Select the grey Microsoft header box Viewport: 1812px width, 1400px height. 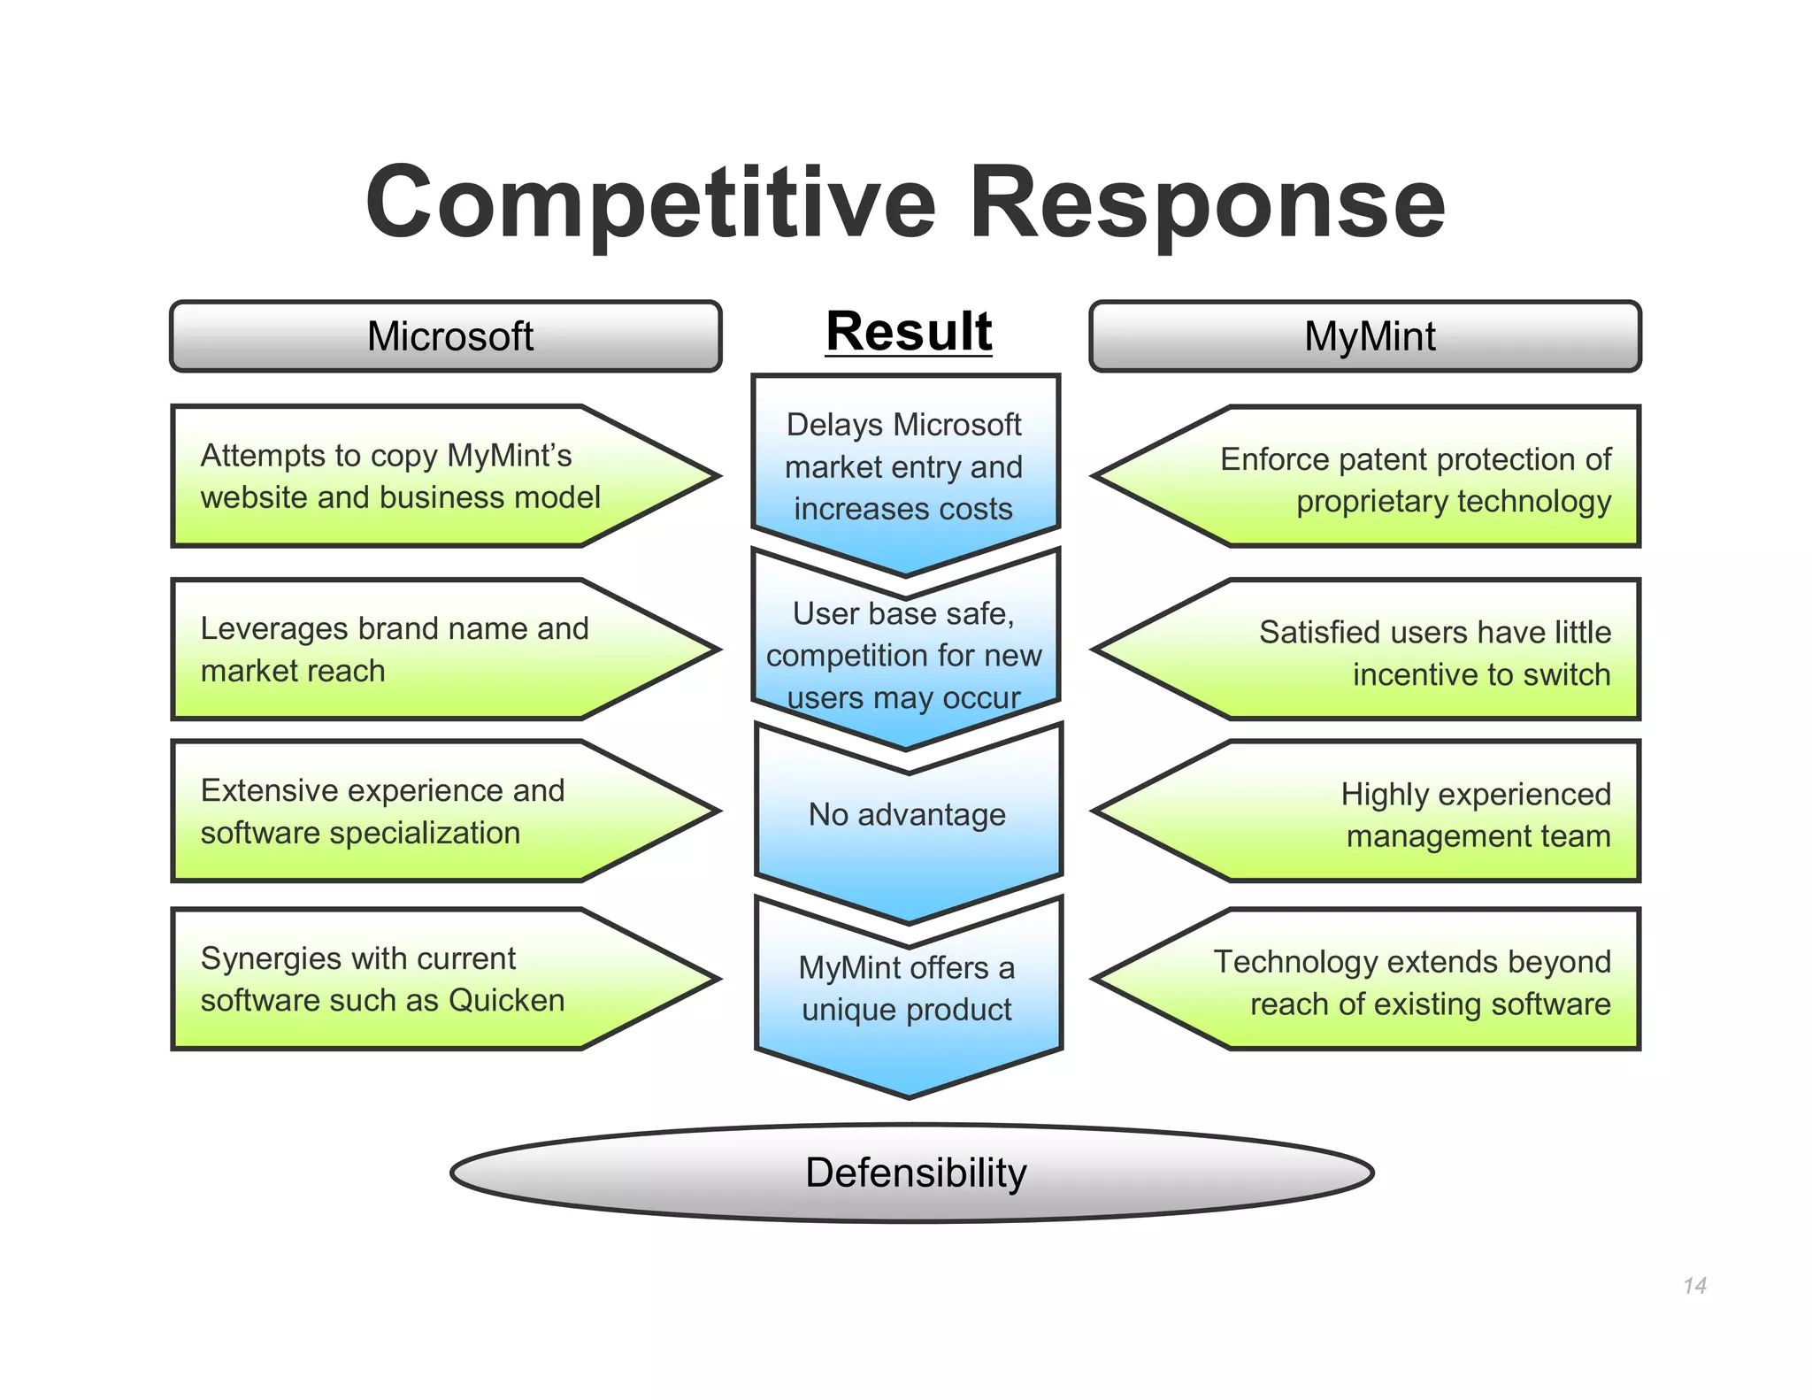click(446, 336)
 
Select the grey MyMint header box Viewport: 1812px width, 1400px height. click(1365, 336)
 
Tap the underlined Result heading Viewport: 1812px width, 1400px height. click(909, 331)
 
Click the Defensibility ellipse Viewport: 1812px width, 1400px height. click(912, 1173)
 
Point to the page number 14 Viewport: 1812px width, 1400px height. click(1694, 1285)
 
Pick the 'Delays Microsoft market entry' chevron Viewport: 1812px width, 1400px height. click(904, 466)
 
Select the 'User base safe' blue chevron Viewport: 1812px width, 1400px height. click(904, 655)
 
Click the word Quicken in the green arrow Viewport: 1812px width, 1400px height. click(506, 1001)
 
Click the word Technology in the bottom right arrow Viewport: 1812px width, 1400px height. click(1276, 962)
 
